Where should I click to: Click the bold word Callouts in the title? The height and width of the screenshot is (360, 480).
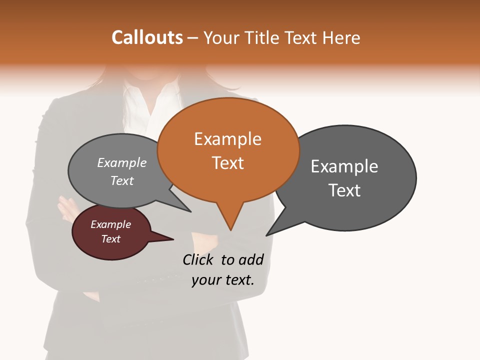tap(147, 37)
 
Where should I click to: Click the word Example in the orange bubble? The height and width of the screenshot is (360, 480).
tap(227, 139)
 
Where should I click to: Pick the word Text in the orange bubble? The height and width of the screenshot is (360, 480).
tap(228, 163)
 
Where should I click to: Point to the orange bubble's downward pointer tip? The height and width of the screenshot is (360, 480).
tap(230, 229)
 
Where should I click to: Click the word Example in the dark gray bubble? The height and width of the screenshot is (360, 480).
tap(344, 166)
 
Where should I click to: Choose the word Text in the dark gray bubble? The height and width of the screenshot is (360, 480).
tap(344, 190)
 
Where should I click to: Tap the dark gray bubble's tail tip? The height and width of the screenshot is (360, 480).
tap(267, 234)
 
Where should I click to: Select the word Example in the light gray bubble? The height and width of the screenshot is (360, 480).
tap(122, 163)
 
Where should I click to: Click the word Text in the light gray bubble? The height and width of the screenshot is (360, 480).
tap(122, 181)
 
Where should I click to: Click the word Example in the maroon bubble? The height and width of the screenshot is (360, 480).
tap(110, 225)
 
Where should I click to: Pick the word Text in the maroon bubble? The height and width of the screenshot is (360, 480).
tap(110, 239)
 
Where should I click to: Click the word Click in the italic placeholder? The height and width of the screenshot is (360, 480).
tap(198, 259)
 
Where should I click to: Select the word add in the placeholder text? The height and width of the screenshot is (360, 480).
tap(251, 259)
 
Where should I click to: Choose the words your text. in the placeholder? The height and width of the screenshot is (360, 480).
tap(223, 280)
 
